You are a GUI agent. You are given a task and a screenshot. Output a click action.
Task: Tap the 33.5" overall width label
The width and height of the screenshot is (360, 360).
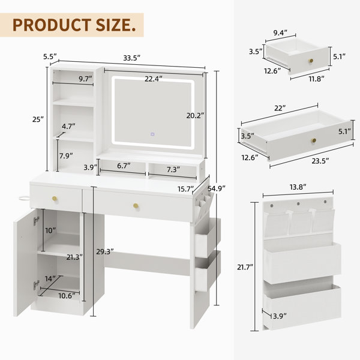click(x=131, y=58)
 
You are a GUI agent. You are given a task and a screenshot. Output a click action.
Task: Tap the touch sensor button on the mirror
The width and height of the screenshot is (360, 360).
click(x=152, y=134)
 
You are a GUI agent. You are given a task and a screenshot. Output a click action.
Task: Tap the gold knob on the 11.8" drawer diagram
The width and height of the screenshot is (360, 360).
click(x=311, y=62)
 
